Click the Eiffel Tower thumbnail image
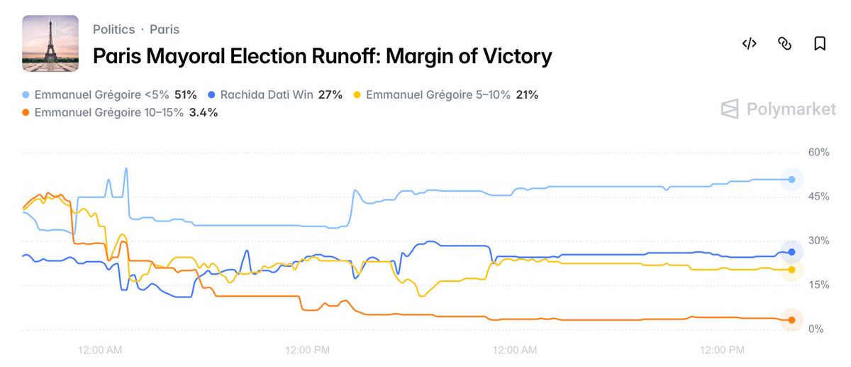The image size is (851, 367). point(50,43)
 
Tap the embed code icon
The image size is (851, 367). point(749,44)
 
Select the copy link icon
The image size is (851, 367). point(784,44)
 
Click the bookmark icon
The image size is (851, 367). point(820,44)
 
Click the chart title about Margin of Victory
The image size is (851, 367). point(323,56)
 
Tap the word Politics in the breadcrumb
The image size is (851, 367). point(113,30)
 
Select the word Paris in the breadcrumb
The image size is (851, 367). point(165,30)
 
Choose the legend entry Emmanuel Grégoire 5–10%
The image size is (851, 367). point(446,94)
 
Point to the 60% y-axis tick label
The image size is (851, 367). point(819,152)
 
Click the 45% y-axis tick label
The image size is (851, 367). point(819,197)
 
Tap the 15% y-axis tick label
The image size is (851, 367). point(819,285)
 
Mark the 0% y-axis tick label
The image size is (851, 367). point(816,329)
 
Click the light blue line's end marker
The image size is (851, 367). point(791,180)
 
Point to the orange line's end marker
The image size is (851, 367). point(791,320)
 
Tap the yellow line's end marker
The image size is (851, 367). point(791,270)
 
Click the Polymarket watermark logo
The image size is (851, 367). point(779,109)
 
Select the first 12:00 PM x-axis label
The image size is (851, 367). point(307,350)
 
